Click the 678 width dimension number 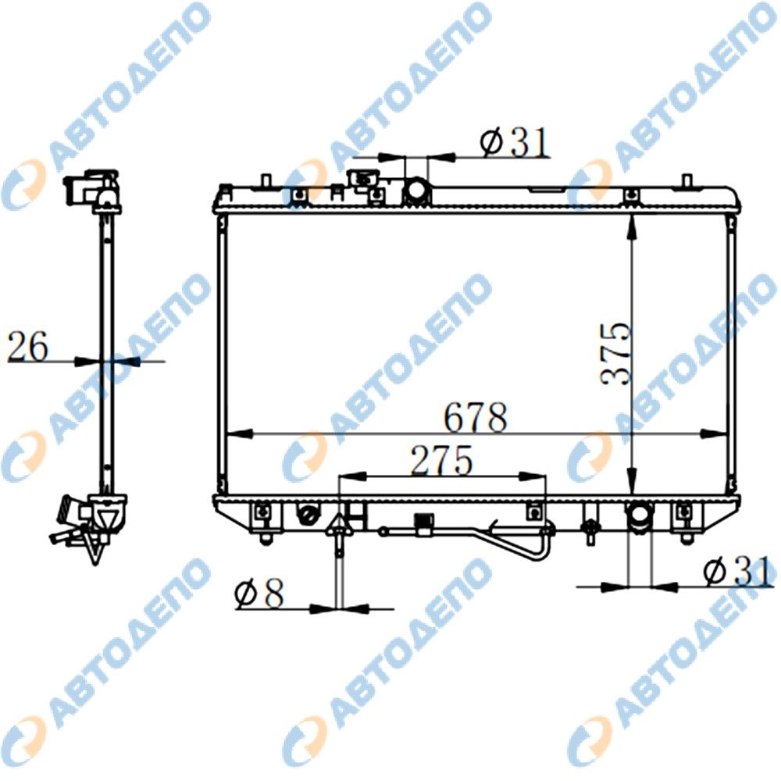pos(475,417)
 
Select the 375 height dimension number pos(615,354)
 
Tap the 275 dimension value pos(440,460)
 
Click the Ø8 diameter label pos(259,593)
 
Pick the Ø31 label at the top pos(515,142)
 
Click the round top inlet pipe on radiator pos(417,191)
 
